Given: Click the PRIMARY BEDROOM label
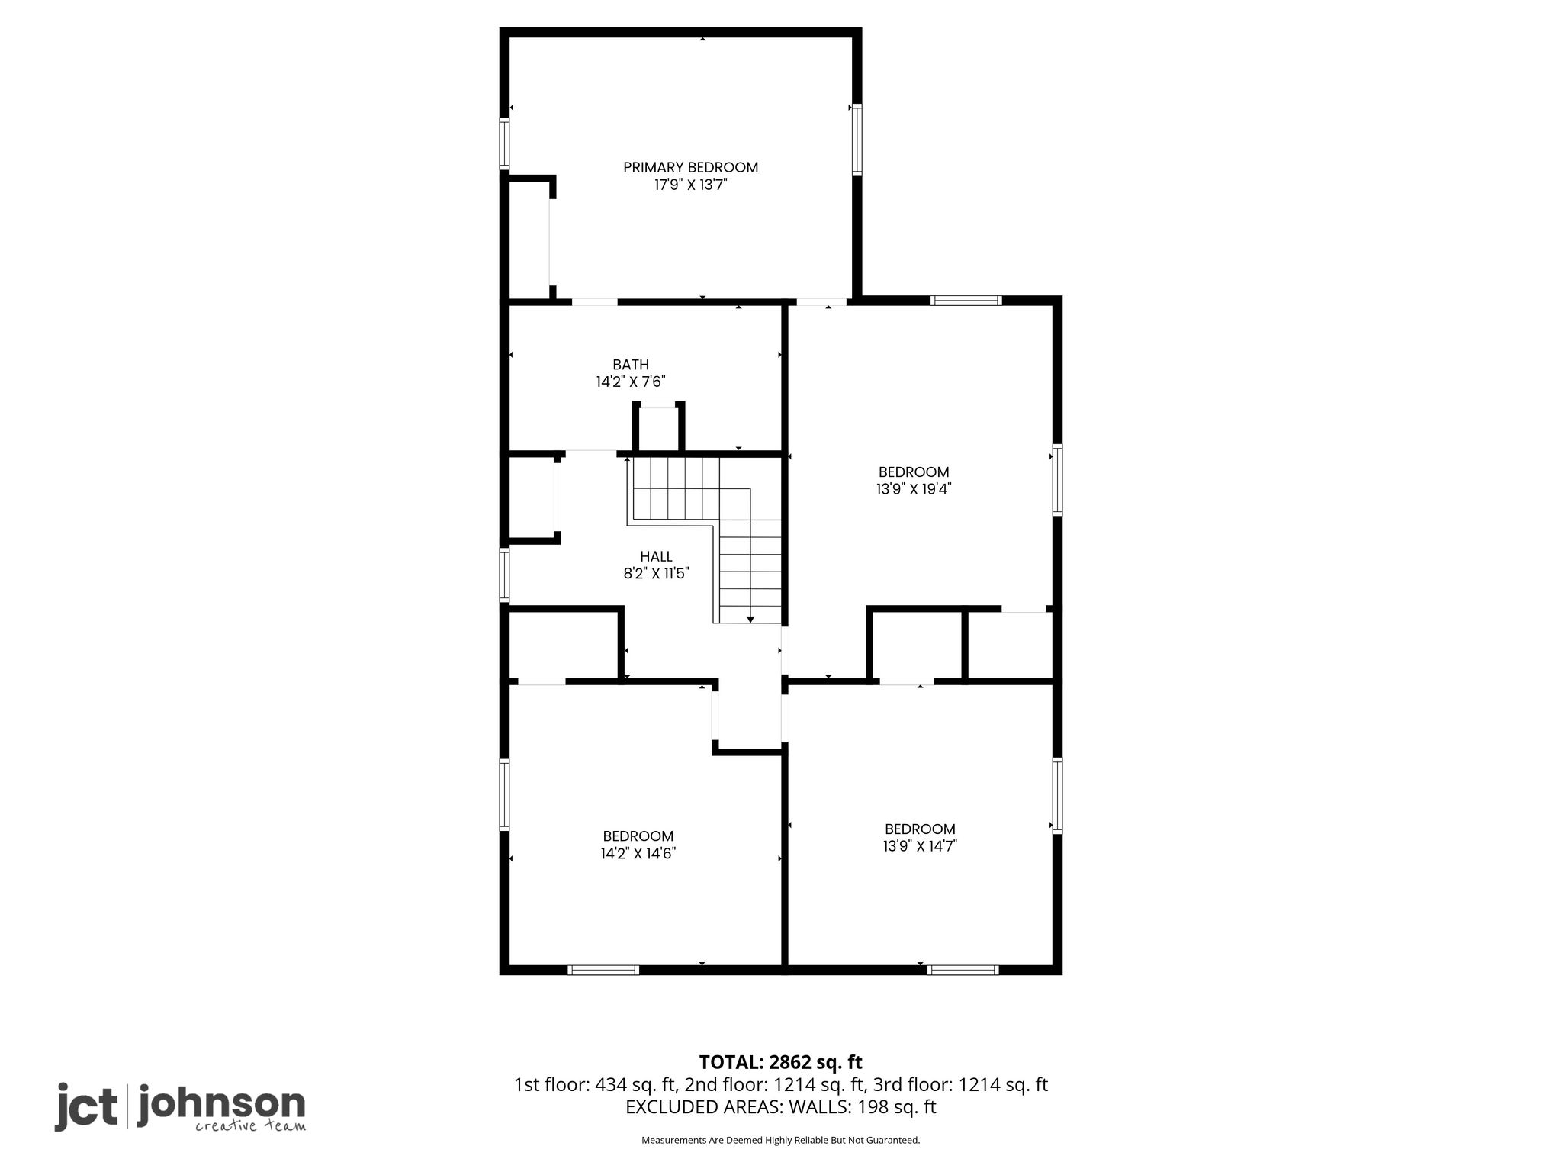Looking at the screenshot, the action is click(690, 167).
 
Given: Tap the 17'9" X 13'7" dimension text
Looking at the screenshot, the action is click(690, 185).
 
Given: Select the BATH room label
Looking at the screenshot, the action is click(631, 365).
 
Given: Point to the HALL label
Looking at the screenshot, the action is click(656, 557).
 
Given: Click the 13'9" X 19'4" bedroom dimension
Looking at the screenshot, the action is click(914, 489).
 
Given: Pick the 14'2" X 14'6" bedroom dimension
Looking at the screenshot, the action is click(638, 854).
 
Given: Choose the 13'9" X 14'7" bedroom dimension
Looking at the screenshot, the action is click(920, 846).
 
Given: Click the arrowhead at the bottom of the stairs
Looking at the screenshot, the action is click(750, 620).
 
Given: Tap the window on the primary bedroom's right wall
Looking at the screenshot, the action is click(857, 140).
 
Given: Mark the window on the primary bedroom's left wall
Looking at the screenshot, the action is click(504, 143).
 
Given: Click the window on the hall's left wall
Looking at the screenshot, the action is click(504, 575).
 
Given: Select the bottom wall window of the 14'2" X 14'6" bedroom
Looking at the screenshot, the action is click(603, 970).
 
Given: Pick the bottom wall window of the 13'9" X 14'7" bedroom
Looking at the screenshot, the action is click(963, 970).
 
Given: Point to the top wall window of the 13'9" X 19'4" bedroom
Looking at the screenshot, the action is click(966, 301).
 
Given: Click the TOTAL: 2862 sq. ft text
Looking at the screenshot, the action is click(781, 1062).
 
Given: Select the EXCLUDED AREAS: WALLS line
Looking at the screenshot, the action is click(781, 1107).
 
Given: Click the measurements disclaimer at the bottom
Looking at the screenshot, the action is click(781, 1141).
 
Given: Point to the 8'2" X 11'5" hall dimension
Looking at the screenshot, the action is click(656, 574).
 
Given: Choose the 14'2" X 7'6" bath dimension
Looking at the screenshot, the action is click(631, 382).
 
